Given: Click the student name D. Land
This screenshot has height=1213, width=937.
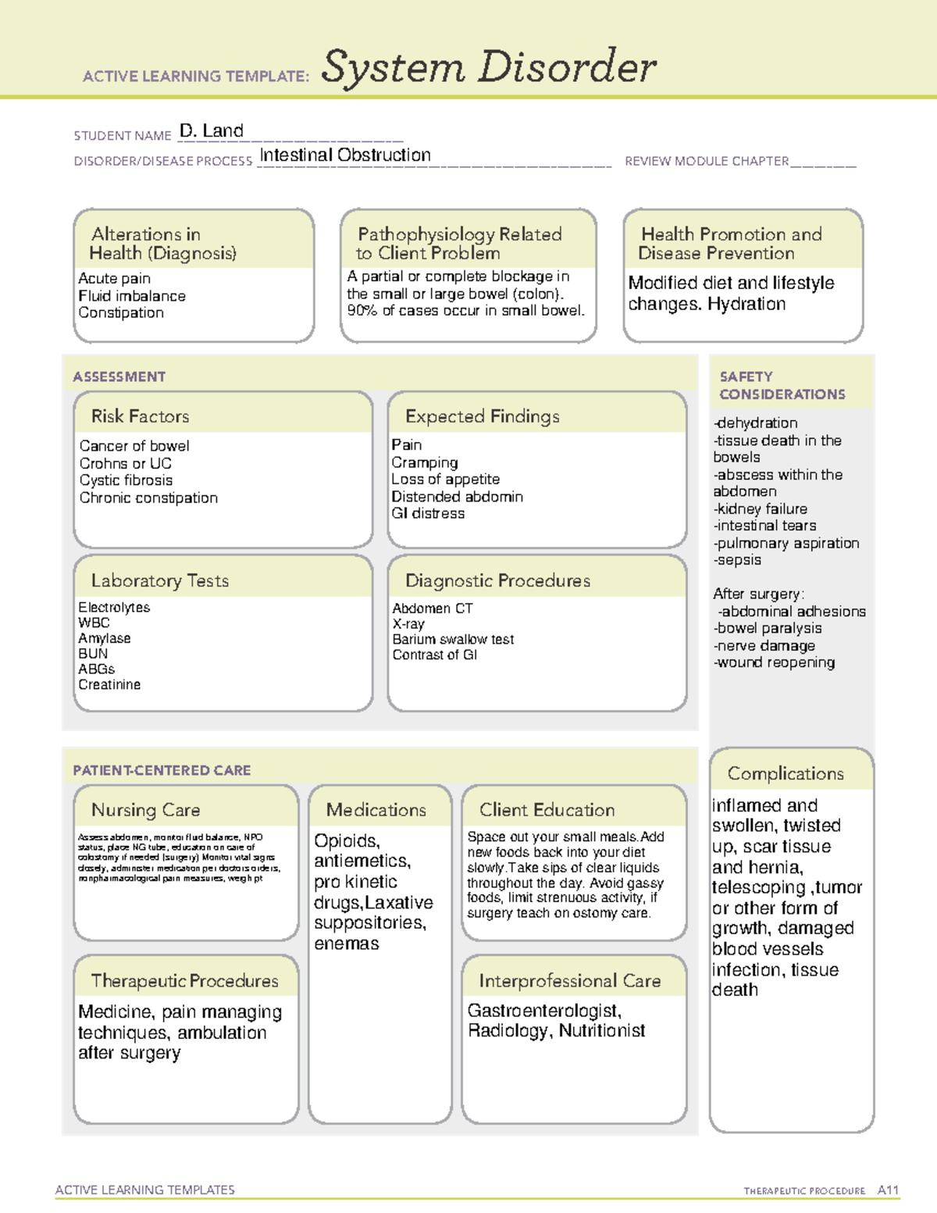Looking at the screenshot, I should pyautogui.click(x=212, y=131).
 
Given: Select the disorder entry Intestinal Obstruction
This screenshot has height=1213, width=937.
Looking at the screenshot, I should pyautogui.click(x=344, y=155).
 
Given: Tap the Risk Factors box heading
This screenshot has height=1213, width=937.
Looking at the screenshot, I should pyautogui.click(x=141, y=416).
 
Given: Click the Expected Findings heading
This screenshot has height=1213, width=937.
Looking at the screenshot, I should pyautogui.click(x=482, y=416).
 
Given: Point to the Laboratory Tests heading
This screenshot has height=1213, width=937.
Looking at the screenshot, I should pyautogui.click(x=160, y=580).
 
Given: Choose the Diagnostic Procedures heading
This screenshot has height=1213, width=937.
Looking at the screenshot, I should pyautogui.click(x=497, y=580).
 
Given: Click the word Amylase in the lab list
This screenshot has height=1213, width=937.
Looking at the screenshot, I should pyautogui.click(x=105, y=638).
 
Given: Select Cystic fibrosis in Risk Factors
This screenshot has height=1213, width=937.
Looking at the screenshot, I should pyautogui.click(x=126, y=480).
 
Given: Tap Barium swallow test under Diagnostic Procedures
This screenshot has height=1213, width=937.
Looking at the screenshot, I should pyautogui.click(x=453, y=639).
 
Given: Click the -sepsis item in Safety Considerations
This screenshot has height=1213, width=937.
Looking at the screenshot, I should pyautogui.click(x=737, y=560).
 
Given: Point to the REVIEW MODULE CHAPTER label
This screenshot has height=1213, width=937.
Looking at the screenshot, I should pyautogui.click(x=707, y=161).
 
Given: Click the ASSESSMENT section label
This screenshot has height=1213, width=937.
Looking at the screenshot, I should pyautogui.click(x=119, y=376).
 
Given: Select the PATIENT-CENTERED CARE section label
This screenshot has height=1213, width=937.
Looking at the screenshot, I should pyautogui.click(x=162, y=770).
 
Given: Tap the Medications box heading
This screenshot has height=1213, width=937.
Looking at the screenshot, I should pyautogui.click(x=376, y=810).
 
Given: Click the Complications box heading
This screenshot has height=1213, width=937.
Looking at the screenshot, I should pyautogui.click(x=786, y=773).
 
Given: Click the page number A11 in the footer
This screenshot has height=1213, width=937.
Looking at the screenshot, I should pyautogui.click(x=888, y=1190).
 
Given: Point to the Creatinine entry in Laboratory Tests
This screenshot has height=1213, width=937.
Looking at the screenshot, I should pyautogui.click(x=109, y=684).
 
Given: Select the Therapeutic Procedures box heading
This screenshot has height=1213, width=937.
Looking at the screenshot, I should pyautogui.click(x=184, y=980).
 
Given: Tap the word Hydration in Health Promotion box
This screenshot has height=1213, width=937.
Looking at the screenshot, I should pyautogui.click(x=746, y=304).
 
